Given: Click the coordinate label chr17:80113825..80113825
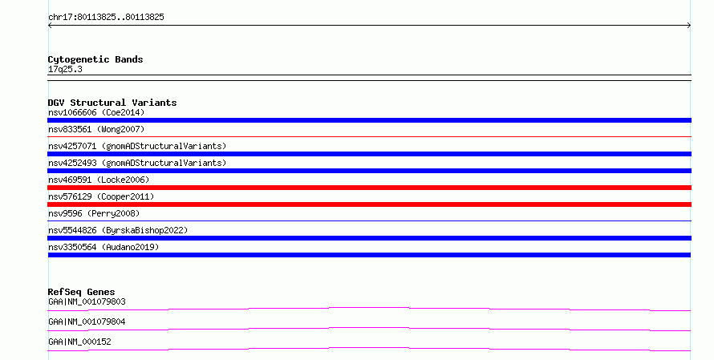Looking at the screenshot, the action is [106, 18].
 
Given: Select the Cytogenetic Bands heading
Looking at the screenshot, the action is [95, 59].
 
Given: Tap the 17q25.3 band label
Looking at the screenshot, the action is [65, 70].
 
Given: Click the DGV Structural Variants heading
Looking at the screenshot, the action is [112, 103].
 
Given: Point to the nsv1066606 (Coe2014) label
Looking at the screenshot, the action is [96, 112].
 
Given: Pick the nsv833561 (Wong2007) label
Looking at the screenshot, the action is [96, 129].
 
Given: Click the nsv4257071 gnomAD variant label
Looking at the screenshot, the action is [137, 146].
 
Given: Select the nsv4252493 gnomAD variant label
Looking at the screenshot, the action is [137, 163].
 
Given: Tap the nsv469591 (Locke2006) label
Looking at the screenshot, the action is [99, 180].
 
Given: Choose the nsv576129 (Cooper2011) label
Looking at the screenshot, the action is [101, 196].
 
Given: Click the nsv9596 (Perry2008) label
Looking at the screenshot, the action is [94, 213].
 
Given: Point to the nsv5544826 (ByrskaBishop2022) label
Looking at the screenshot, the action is [118, 230].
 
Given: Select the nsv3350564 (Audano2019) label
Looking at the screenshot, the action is [103, 247].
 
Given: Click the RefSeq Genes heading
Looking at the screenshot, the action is [82, 292].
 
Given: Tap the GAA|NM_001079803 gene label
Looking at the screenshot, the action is [87, 301].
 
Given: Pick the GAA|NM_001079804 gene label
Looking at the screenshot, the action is [87, 322].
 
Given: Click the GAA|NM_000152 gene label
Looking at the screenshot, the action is [79, 342].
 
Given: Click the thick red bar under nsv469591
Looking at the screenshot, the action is [369, 188].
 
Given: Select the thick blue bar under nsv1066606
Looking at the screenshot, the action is [369, 120].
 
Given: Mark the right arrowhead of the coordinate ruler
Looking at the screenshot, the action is [690, 26].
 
